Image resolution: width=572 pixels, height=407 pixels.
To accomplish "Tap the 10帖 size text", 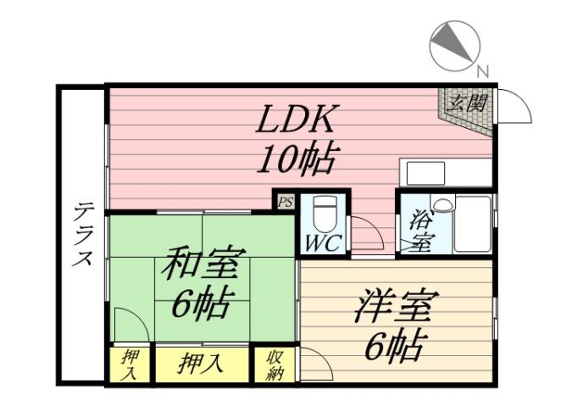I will [x=298, y=159].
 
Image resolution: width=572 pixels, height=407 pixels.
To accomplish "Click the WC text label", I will [x=323, y=243].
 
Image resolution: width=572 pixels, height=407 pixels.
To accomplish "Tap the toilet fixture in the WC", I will [x=323, y=211].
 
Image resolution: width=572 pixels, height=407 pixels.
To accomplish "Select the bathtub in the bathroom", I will [x=472, y=224].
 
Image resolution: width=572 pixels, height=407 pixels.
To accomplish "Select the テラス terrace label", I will [x=82, y=234].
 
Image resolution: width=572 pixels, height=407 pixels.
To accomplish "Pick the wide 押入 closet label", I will [x=202, y=365].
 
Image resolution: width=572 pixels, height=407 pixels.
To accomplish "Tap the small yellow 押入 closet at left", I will [x=129, y=365].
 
